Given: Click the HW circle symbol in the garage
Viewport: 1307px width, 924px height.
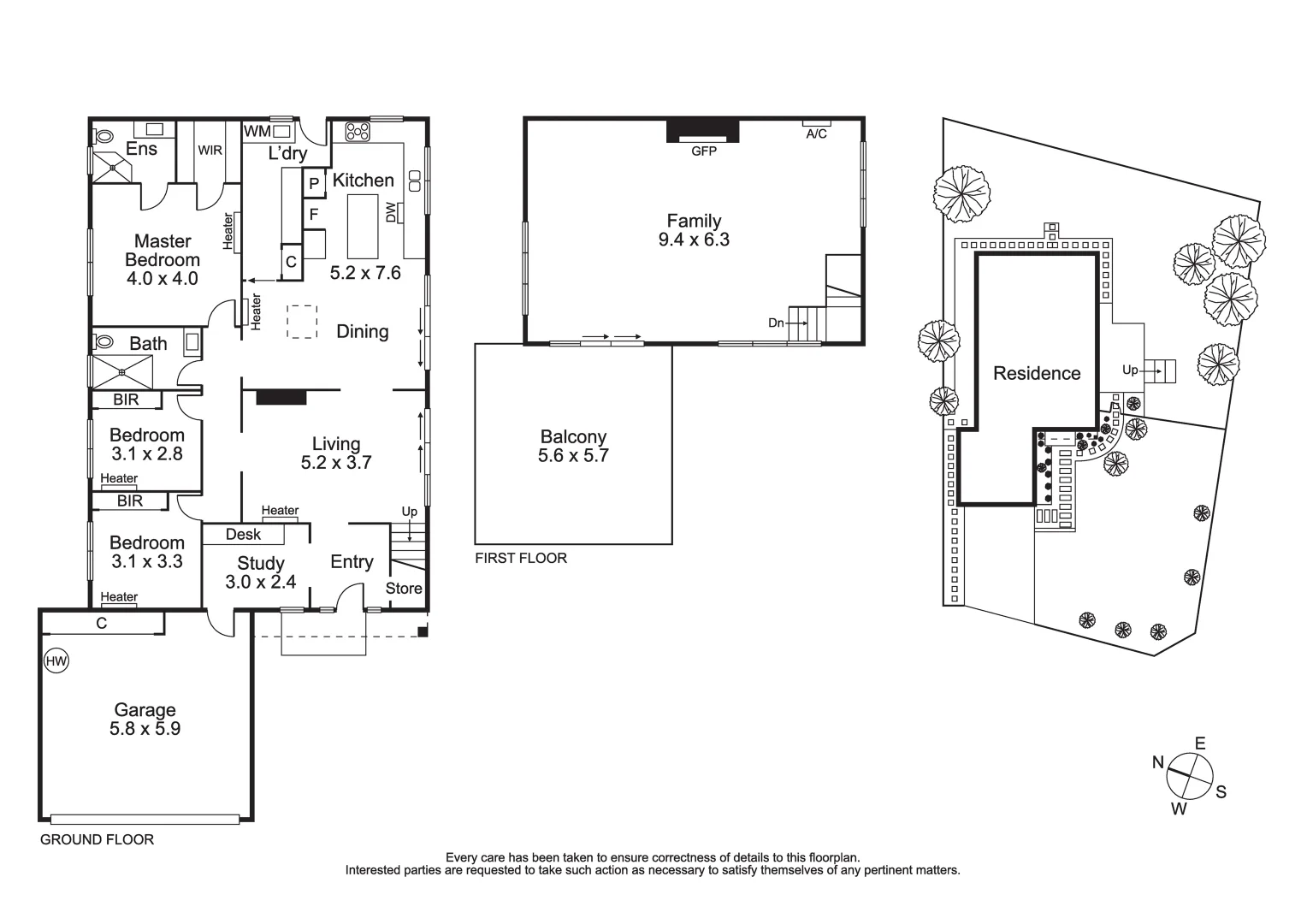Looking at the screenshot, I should pyautogui.click(x=56, y=660).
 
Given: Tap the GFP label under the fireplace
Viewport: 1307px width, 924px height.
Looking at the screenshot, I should pyautogui.click(x=704, y=151).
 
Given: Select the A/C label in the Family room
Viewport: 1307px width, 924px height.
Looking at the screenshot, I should pyautogui.click(x=816, y=134).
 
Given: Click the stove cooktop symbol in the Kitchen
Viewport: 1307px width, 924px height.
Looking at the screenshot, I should pyautogui.click(x=358, y=132).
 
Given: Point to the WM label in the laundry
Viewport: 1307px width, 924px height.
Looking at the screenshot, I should pyautogui.click(x=257, y=131).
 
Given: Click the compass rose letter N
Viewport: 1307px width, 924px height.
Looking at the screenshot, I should pyautogui.click(x=1158, y=762).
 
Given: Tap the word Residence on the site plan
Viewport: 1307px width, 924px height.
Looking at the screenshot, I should pyautogui.click(x=1037, y=373).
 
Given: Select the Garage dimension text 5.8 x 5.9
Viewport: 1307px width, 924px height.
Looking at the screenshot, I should pyautogui.click(x=145, y=729).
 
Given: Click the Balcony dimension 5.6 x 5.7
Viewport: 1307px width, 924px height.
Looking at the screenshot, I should pyautogui.click(x=573, y=455).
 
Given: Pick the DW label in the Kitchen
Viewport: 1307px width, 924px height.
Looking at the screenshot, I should pyautogui.click(x=392, y=212).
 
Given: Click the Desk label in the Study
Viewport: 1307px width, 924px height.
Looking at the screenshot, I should pyautogui.click(x=244, y=534).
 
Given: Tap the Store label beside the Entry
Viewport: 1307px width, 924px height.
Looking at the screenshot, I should pyautogui.click(x=404, y=588).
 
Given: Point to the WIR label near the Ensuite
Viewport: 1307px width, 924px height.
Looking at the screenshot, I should pyautogui.click(x=210, y=151).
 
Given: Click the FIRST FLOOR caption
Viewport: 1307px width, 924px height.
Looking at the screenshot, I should pyautogui.click(x=521, y=558).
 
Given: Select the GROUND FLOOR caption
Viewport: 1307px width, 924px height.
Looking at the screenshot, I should pyautogui.click(x=98, y=839).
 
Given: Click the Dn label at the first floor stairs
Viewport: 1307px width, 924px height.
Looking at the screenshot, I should pyautogui.click(x=776, y=323).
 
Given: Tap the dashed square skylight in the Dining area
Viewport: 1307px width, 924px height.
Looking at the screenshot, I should pyautogui.click(x=301, y=322).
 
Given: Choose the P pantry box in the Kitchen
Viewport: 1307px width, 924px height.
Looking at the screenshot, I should pyautogui.click(x=314, y=183).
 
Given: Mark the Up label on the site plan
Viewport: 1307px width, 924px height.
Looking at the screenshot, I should pyautogui.click(x=1130, y=370).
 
